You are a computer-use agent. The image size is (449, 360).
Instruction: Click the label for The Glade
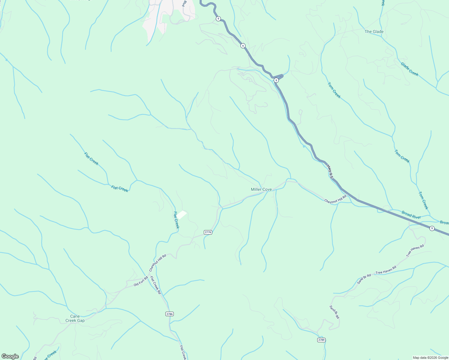click(x=374, y=31)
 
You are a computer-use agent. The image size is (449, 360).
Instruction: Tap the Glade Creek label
click(x=409, y=69)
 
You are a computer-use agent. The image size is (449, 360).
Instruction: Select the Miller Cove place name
click(x=261, y=189)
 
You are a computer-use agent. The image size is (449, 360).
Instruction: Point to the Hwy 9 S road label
click(x=330, y=171)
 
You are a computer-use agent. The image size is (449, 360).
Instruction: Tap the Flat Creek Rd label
click(x=155, y=285)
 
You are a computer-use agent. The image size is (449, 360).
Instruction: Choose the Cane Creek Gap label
click(x=75, y=318)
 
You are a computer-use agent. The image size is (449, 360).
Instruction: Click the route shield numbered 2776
click(x=208, y=232)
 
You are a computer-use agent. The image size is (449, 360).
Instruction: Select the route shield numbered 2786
click(x=170, y=314)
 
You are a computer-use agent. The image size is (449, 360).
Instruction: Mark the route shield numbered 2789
click(x=321, y=340)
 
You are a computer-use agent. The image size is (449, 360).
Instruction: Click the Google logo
click(x=10, y=356)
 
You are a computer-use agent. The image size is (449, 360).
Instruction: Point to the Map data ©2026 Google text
click(x=430, y=358)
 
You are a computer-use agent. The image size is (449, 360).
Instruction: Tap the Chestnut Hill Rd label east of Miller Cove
click(x=335, y=199)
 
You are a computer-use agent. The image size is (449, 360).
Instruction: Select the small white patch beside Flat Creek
click(x=181, y=214)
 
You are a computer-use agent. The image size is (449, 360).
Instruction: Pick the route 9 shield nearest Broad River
click(x=432, y=228)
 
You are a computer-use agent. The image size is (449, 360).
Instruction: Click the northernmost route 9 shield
click(x=218, y=19)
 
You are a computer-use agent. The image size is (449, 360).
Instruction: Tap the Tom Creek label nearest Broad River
click(x=423, y=200)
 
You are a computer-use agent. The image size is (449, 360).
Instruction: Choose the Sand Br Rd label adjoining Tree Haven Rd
click(x=364, y=279)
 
